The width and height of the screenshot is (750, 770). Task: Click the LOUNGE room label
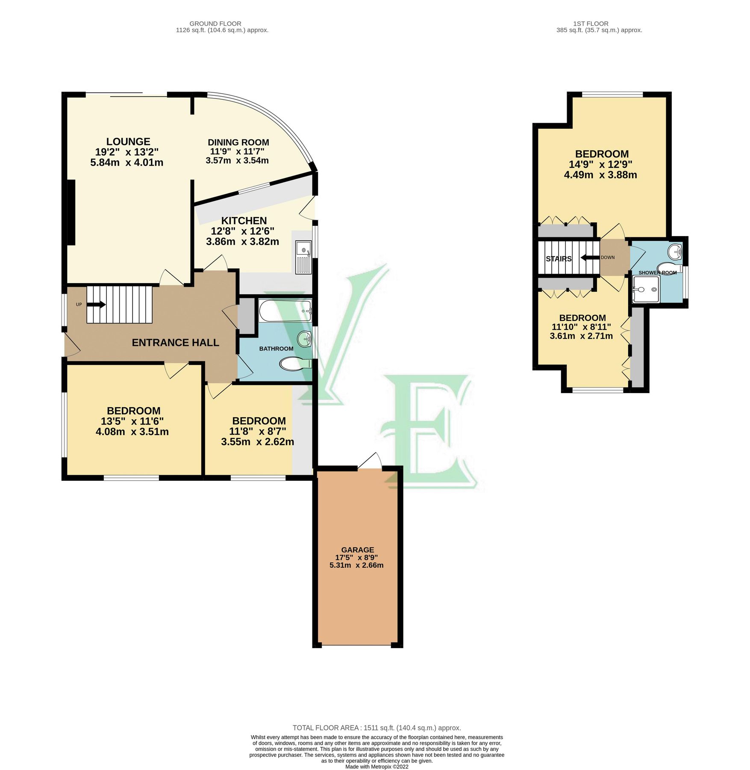pos(128,142)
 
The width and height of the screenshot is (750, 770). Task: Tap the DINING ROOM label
pos(238,142)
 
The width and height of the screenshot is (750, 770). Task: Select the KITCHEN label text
pos(244,221)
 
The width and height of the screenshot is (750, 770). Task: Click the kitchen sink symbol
pos(304,257)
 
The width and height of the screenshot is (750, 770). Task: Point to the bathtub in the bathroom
pos(285,311)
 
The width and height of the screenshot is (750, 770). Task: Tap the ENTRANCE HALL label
pos(175,343)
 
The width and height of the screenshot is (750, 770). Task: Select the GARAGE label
pos(357,550)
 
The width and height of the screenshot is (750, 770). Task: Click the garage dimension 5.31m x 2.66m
pos(356,565)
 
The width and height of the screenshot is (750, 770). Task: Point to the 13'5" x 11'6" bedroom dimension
pos(132,421)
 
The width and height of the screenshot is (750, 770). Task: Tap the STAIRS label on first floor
pos(559,259)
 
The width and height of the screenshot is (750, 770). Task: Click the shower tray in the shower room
pos(646,289)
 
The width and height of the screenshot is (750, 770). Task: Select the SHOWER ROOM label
pos(657,272)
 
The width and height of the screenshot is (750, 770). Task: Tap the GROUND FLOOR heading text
pos(215,24)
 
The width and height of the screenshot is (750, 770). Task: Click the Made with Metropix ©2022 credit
pos(376,767)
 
